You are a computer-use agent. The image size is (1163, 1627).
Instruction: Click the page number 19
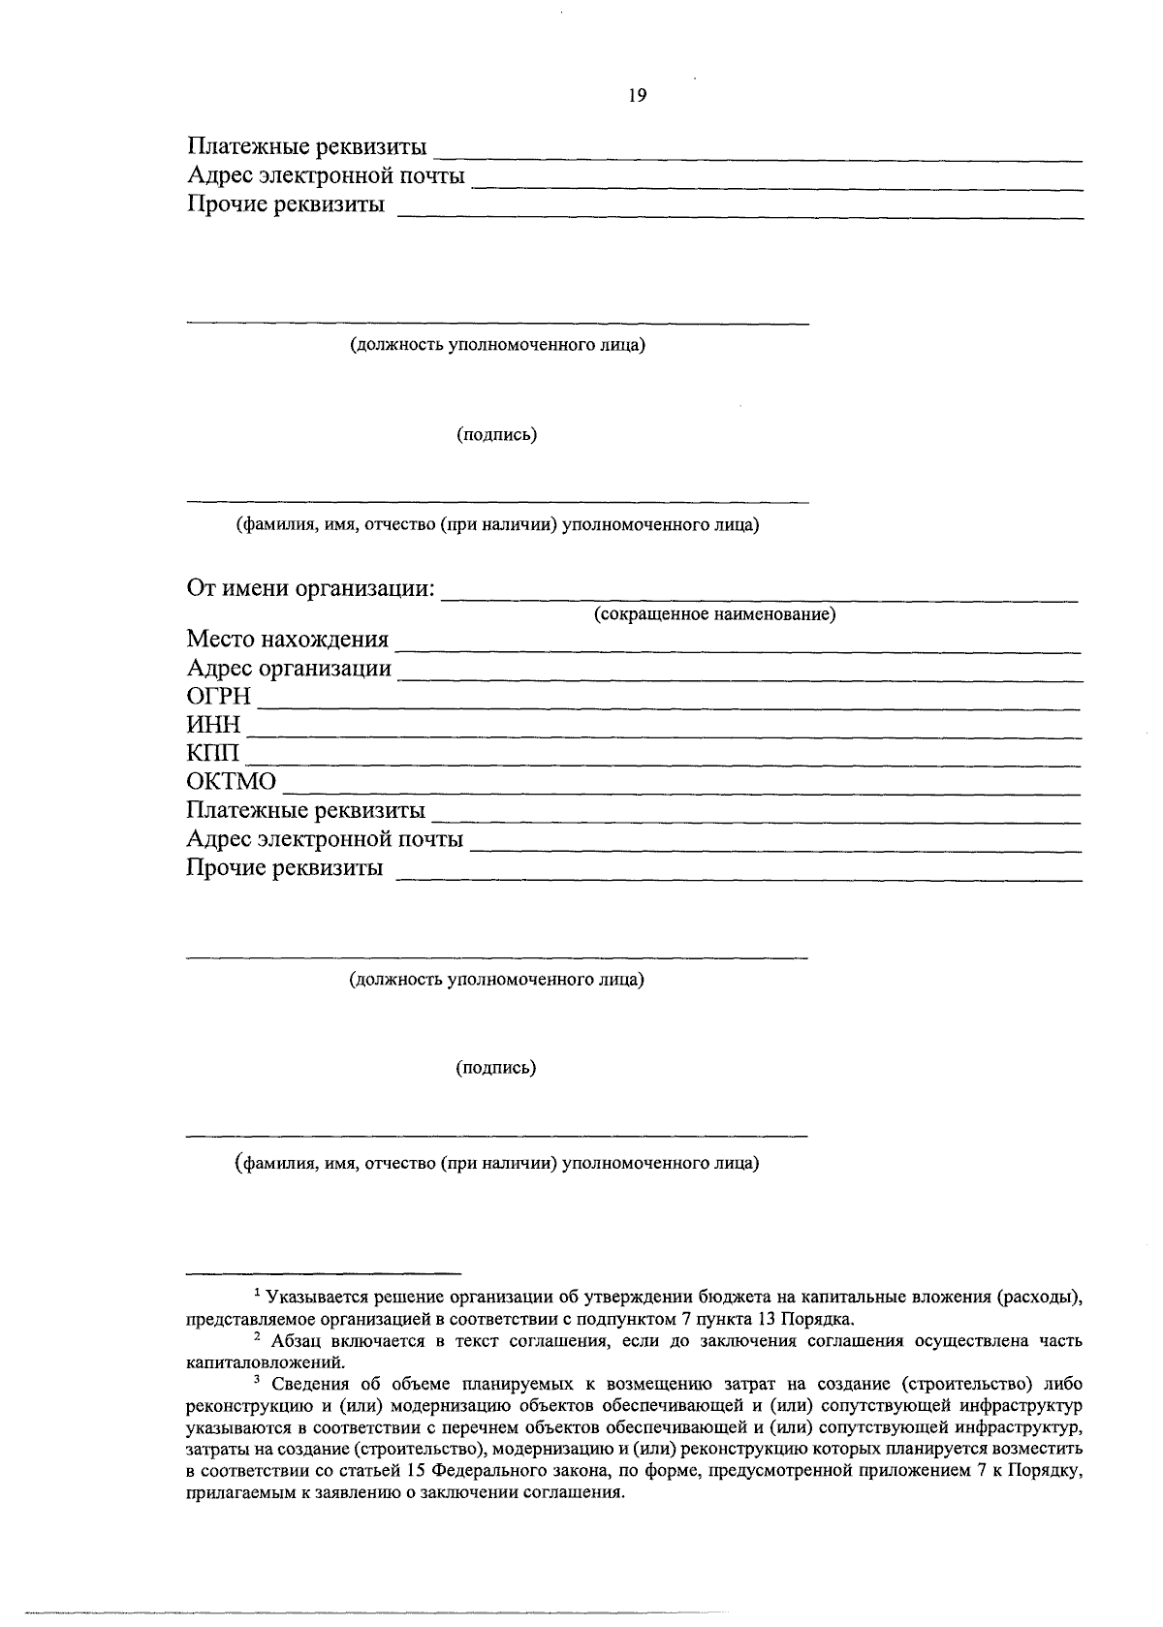click(x=637, y=96)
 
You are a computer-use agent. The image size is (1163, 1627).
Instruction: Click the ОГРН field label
click(x=218, y=697)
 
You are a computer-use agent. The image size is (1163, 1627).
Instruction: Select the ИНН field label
click(x=213, y=725)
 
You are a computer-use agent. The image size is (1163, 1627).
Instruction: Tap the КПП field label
click(x=212, y=753)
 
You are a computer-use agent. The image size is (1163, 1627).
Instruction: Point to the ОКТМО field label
click(x=231, y=782)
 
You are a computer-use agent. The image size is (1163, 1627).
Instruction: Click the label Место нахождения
click(x=287, y=640)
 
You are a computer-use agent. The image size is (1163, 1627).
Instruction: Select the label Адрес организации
click(x=289, y=669)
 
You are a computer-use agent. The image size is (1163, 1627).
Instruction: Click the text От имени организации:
click(x=310, y=589)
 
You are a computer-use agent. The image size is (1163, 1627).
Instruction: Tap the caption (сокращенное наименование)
click(x=714, y=615)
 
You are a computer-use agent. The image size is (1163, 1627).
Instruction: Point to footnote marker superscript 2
click(x=257, y=1337)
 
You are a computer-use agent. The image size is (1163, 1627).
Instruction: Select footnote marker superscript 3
click(x=257, y=1382)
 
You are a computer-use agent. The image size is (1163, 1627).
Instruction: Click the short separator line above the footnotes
click(x=323, y=1272)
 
